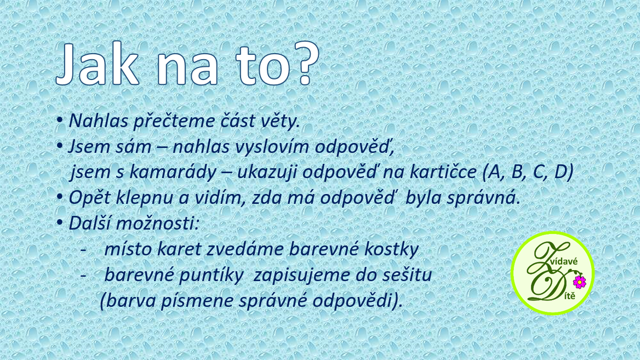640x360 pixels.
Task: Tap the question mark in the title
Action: [304, 63]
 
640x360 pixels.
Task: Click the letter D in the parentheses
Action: [562, 172]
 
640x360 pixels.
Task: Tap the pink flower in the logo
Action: [580, 282]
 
